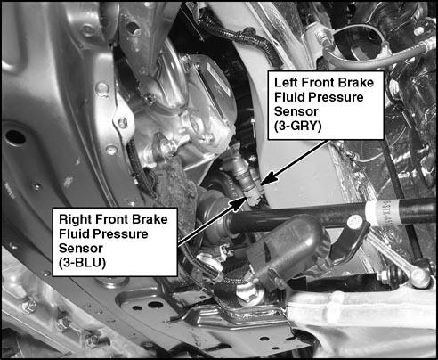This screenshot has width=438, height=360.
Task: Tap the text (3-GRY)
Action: (x=297, y=127)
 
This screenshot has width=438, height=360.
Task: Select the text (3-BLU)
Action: (x=82, y=263)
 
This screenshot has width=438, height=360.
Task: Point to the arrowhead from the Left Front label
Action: (x=268, y=180)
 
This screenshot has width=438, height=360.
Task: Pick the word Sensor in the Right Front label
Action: (x=81, y=248)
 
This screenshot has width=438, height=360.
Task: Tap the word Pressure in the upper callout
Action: (x=342, y=97)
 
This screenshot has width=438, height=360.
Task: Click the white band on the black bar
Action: (x=374, y=211)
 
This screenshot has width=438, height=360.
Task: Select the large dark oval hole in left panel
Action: (x=15, y=137)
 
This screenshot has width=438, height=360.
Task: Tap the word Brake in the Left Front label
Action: (x=355, y=82)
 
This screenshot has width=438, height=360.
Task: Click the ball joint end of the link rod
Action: (x=419, y=278)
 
